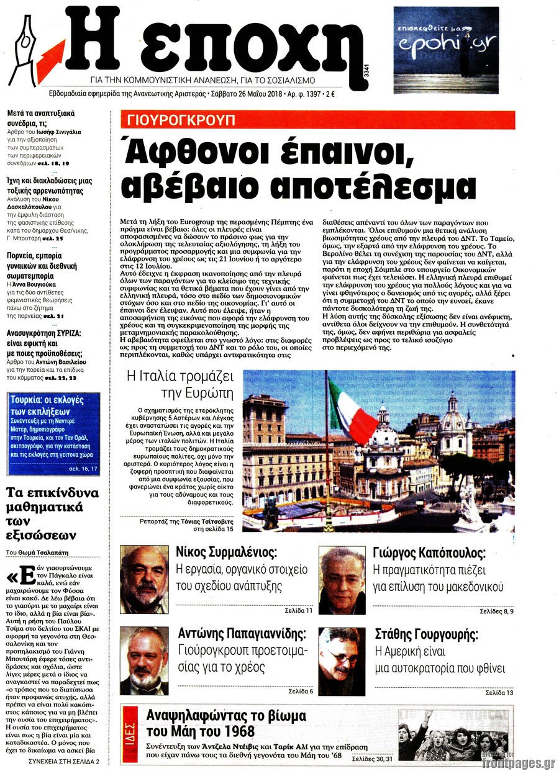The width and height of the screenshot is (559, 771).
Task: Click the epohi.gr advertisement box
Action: (446, 50)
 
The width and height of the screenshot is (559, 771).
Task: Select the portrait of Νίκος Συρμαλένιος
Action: (144, 579)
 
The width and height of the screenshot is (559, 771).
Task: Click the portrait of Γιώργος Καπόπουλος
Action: (342, 580)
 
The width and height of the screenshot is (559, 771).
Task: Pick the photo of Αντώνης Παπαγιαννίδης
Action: (144, 660)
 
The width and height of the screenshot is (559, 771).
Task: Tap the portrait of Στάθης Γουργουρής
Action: (342, 661)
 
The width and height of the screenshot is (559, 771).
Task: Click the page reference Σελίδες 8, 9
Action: (497, 611)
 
